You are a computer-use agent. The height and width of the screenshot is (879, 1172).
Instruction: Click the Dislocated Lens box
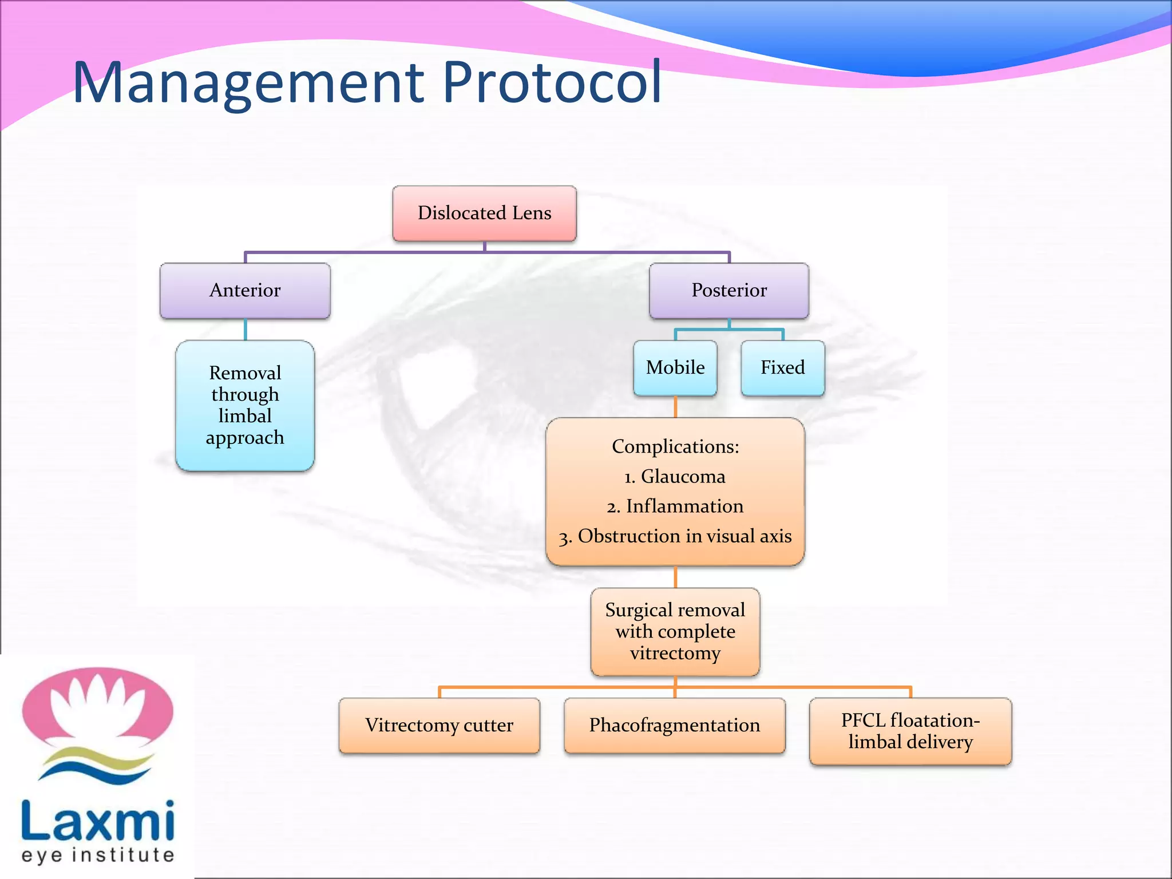click(x=484, y=213)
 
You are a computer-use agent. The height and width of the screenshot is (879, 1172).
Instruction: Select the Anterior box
click(x=245, y=290)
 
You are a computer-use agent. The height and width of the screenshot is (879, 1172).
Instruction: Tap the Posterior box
click(x=728, y=290)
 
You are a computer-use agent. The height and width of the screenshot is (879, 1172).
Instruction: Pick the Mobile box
click(x=675, y=367)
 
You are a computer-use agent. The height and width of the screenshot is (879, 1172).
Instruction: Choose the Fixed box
click(x=782, y=367)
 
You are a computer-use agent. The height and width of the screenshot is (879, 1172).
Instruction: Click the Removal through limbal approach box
click(x=245, y=405)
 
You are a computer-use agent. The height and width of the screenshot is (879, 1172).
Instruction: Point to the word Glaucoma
click(x=683, y=476)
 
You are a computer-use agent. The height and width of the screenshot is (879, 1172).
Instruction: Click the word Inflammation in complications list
click(x=684, y=506)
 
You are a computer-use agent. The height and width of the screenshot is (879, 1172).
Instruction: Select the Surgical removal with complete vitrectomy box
click(x=675, y=631)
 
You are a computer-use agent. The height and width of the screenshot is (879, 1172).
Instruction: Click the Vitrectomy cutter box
click(x=439, y=725)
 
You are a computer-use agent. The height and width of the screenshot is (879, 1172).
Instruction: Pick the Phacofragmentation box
click(x=675, y=725)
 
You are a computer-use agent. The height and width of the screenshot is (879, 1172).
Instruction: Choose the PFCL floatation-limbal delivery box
click(x=910, y=731)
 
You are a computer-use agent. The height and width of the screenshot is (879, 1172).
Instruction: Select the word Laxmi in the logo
click(x=97, y=821)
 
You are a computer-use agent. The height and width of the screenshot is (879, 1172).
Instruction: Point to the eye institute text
click(x=97, y=855)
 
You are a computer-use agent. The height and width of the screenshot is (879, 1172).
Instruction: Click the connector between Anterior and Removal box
click(x=245, y=330)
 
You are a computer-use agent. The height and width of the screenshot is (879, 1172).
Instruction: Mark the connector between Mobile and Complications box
click(x=675, y=407)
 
